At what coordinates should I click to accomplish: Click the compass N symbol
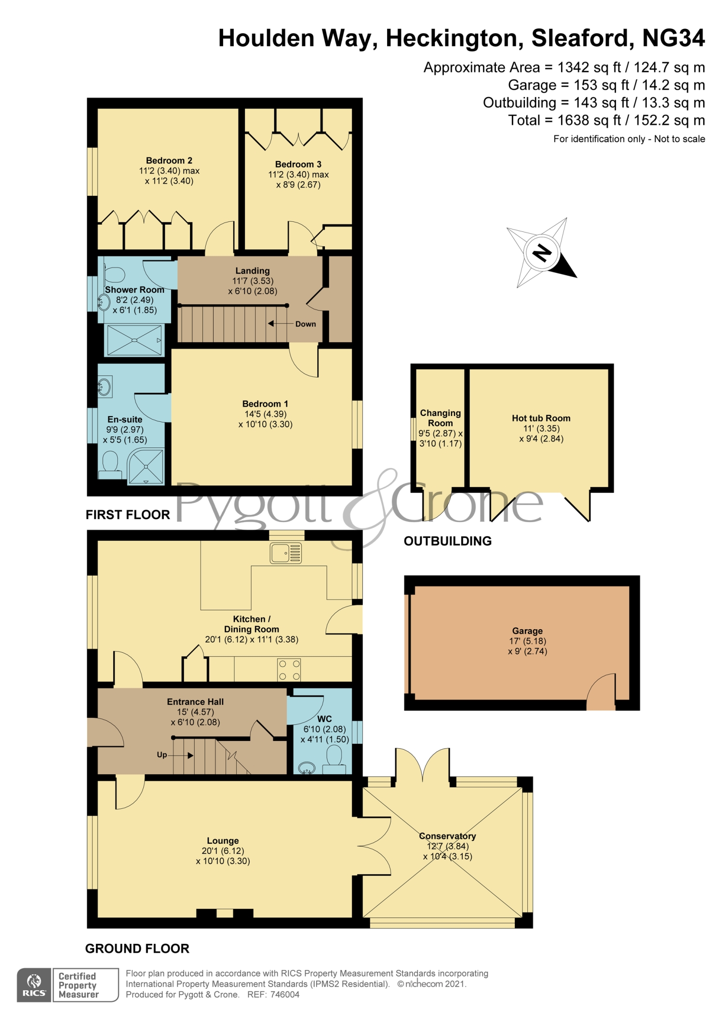[x=542, y=253]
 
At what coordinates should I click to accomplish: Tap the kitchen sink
[x=286, y=553]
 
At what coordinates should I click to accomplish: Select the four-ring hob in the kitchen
[x=289, y=670]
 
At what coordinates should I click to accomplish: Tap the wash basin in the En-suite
[x=105, y=387]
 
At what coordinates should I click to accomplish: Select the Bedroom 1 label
[x=265, y=404]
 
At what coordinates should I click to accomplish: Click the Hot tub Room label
[x=541, y=418]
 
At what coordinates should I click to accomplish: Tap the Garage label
[x=527, y=631]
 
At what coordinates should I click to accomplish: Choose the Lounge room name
[x=223, y=840]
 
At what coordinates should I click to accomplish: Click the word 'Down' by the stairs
[x=306, y=324]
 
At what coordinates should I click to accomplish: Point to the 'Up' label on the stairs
[x=162, y=755]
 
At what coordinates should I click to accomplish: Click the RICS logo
[x=34, y=985]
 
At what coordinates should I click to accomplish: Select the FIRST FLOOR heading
[x=128, y=514]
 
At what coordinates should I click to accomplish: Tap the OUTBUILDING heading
[x=448, y=541]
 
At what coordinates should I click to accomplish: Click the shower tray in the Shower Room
[x=134, y=340]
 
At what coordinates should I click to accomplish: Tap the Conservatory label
[x=447, y=836]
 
